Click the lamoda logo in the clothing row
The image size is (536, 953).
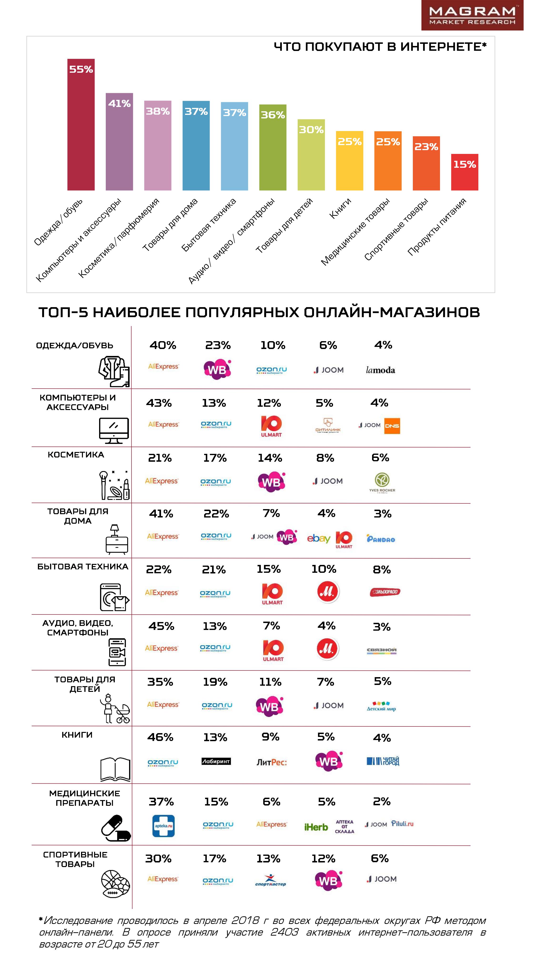[x=380, y=370]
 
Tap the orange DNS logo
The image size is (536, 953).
[x=392, y=426]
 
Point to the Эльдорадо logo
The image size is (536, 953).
[x=385, y=592]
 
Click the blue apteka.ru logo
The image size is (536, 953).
[x=163, y=826]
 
